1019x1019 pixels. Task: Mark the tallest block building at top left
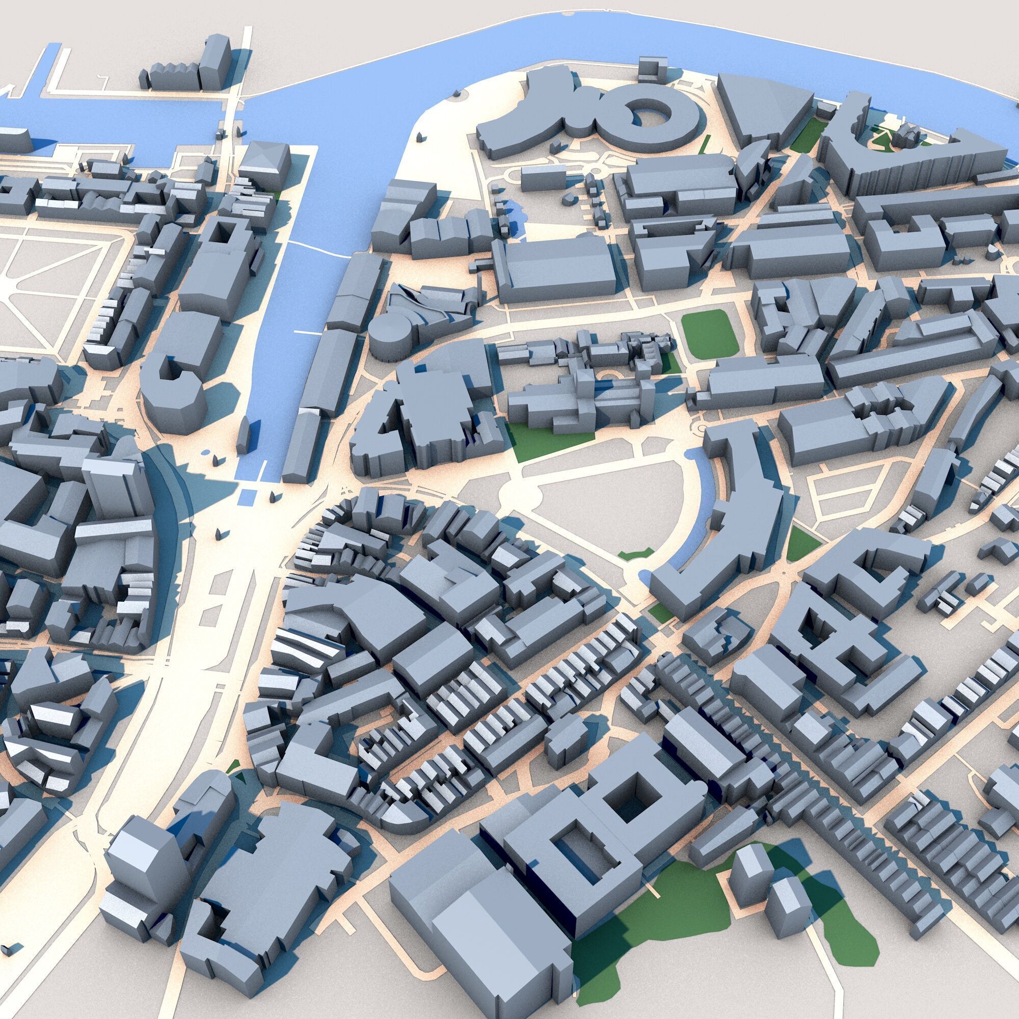(x=215, y=63)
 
